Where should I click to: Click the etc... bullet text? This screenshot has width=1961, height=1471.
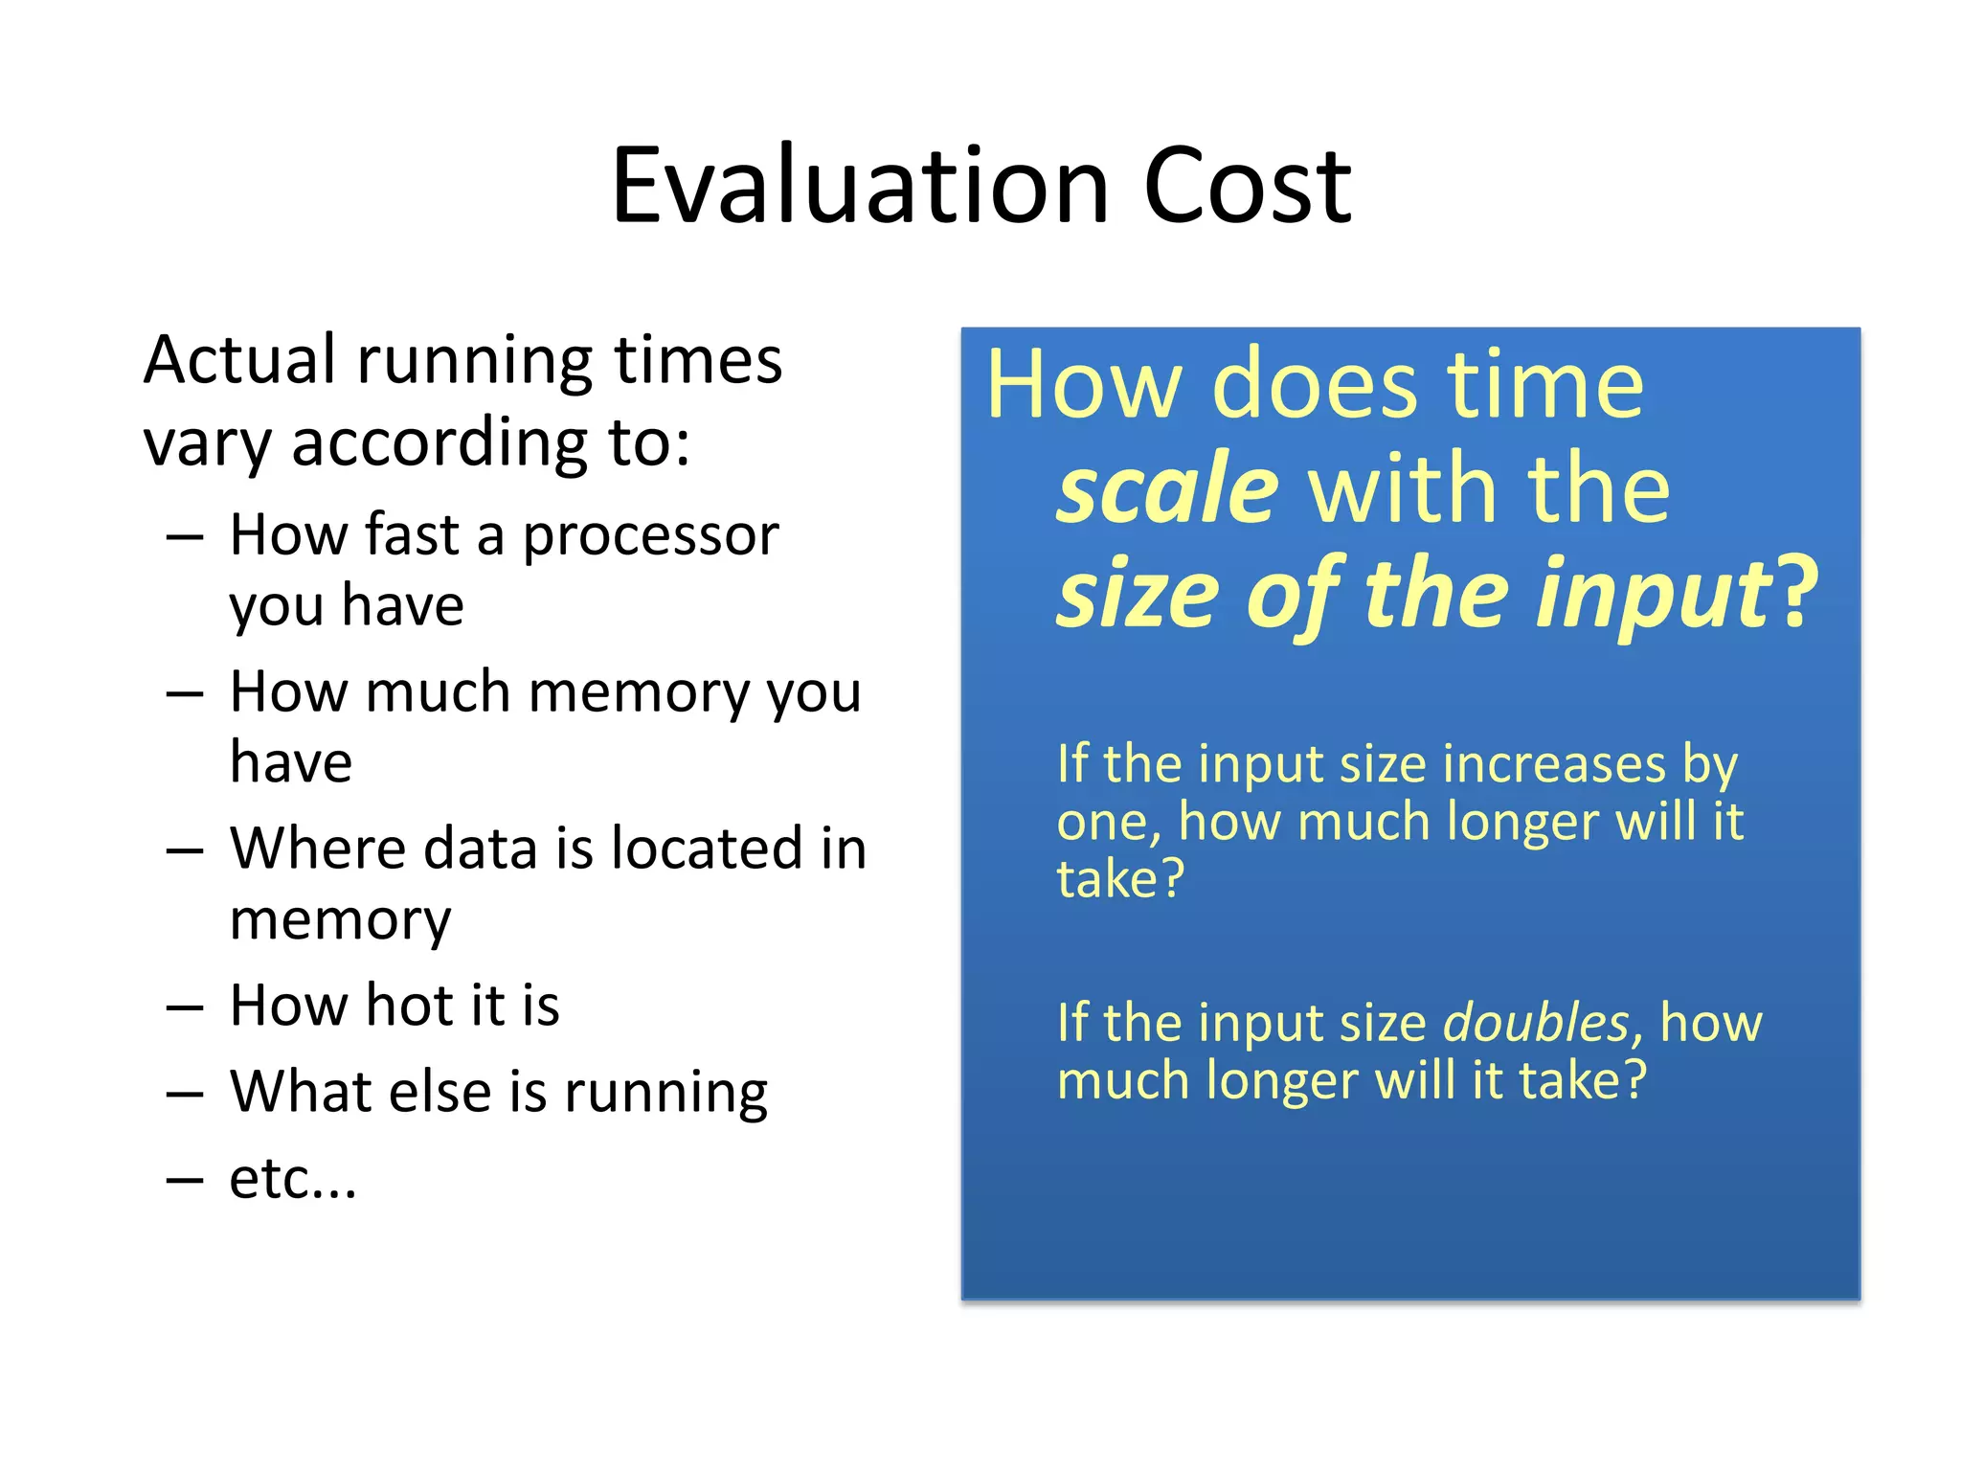tap(292, 1179)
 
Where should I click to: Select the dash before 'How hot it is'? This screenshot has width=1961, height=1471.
tap(184, 1007)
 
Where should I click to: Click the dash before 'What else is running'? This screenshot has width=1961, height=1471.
tap(184, 1094)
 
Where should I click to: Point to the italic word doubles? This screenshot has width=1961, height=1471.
tap(1535, 1023)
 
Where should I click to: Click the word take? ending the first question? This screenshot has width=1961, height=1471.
tap(1119, 879)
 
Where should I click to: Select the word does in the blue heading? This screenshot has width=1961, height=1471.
tap(1314, 385)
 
